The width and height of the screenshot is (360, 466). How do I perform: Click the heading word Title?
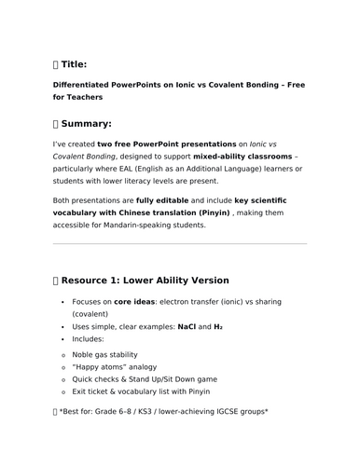75,64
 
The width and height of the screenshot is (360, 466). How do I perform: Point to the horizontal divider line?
180,244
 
